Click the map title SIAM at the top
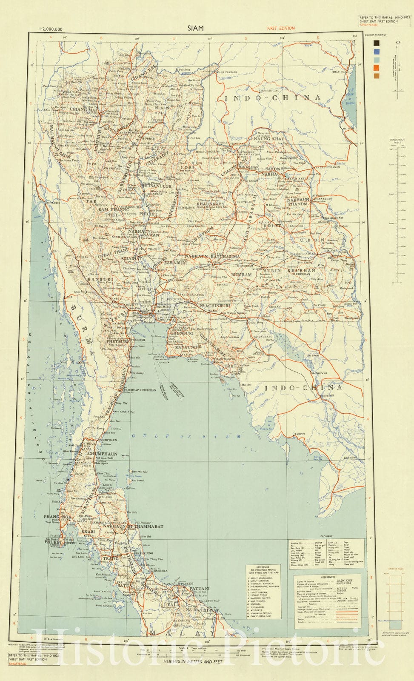(x=196, y=28)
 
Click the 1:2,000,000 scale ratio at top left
(x=51, y=29)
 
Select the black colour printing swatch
(x=376, y=43)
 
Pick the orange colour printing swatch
(x=376, y=68)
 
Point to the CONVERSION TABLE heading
(x=397, y=141)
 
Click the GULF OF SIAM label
(x=186, y=436)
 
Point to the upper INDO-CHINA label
(x=272, y=97)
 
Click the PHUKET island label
(x=54, y=542)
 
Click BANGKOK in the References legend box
(x=344, y=580)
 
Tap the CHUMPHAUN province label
(x=102, y=454)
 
